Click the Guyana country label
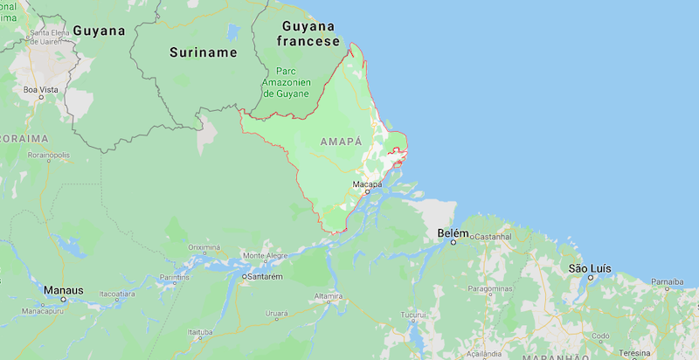pyautogui.click(x=99, y=31)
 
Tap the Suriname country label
pyautogui.click(x=203, y=52)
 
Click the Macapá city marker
pyautogui.click(x=368, y=192)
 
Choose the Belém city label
pyautogui.click(x=452, y=233)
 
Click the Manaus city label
pyautogui.click(x=66, y=289)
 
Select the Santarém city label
pyautogui.click(x=264, y=276)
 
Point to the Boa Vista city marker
pyautogui.click(x=40, y=97)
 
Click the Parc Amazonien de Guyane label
pyautogui.click(x=286, y=80)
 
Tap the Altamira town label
pyautogui.click(x=329, y=296)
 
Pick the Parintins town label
pyautogui.click(x=175, y=277)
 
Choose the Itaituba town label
pyautogui.click(x=201, y=333)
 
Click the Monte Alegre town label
pyautogui.click(x=265, y=255)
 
